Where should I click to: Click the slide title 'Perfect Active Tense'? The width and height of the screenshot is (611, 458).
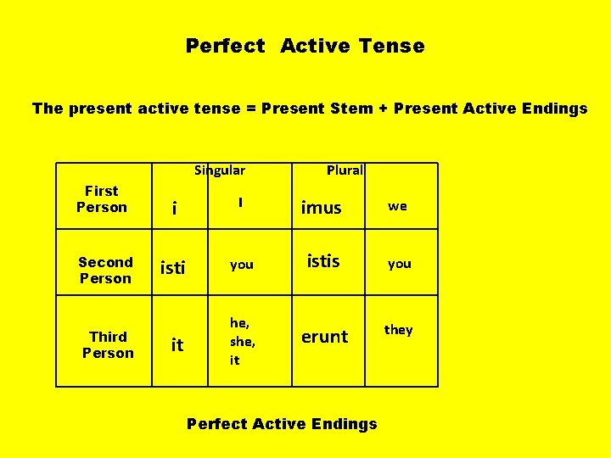305,46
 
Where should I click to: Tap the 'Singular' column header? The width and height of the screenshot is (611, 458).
220,170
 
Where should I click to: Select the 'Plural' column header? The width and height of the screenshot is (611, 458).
345,170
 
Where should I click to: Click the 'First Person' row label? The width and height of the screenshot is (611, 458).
102,199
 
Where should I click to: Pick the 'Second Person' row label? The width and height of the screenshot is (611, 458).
105,271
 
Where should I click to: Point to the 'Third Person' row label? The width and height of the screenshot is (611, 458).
108,345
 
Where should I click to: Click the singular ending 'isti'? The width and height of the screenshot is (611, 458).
172,269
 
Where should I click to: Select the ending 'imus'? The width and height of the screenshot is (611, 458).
321,208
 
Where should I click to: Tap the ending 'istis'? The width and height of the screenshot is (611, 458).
322,261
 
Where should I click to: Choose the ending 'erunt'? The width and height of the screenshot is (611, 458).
324,337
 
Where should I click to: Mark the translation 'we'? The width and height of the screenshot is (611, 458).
397,206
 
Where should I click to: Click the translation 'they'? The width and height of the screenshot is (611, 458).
398,330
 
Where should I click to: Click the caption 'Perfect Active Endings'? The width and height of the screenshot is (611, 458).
282,423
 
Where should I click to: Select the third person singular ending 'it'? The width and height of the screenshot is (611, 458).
177,344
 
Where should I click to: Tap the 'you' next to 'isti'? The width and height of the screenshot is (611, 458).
242,265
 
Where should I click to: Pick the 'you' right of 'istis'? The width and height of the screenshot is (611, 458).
399,264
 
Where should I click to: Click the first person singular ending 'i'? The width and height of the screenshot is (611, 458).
174,209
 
